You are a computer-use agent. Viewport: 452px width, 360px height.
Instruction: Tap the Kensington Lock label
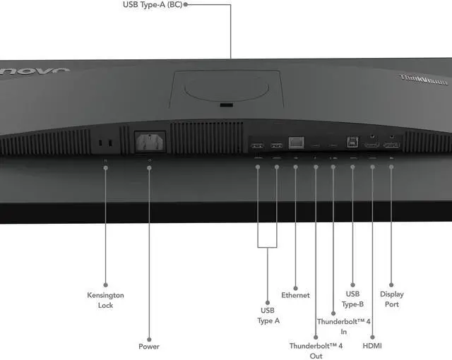tap(105, 300)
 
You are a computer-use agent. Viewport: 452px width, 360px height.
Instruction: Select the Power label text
tap(149, 347)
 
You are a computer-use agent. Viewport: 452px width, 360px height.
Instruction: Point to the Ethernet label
tap(295, 295)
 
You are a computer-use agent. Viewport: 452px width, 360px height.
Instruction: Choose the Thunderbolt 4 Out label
tap(316, 351)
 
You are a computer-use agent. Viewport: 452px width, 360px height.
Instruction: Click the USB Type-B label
tap(352, 299)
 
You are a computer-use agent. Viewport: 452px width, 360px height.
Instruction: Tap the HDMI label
tap(372, 347)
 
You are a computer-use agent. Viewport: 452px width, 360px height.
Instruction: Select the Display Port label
tap(392, 299)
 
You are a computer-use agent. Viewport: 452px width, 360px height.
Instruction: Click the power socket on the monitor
tap(150, 141)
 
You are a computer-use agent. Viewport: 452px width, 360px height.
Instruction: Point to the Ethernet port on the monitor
tap(296, 143)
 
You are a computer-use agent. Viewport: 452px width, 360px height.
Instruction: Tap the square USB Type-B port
tap(352, 141)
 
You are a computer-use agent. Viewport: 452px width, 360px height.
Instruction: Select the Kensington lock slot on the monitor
tap(105, 143)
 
